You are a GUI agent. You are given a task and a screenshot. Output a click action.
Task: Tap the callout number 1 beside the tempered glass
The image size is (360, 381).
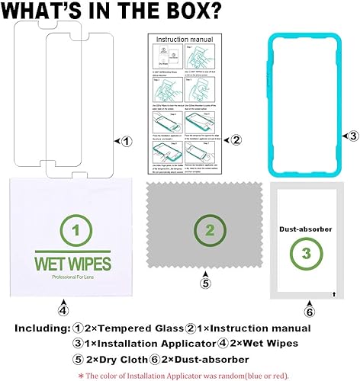coord(127,141)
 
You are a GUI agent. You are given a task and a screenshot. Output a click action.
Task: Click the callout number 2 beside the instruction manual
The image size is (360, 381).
coord(237,140)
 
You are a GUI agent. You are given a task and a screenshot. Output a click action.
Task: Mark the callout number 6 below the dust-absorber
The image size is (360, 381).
coord(309,311)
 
